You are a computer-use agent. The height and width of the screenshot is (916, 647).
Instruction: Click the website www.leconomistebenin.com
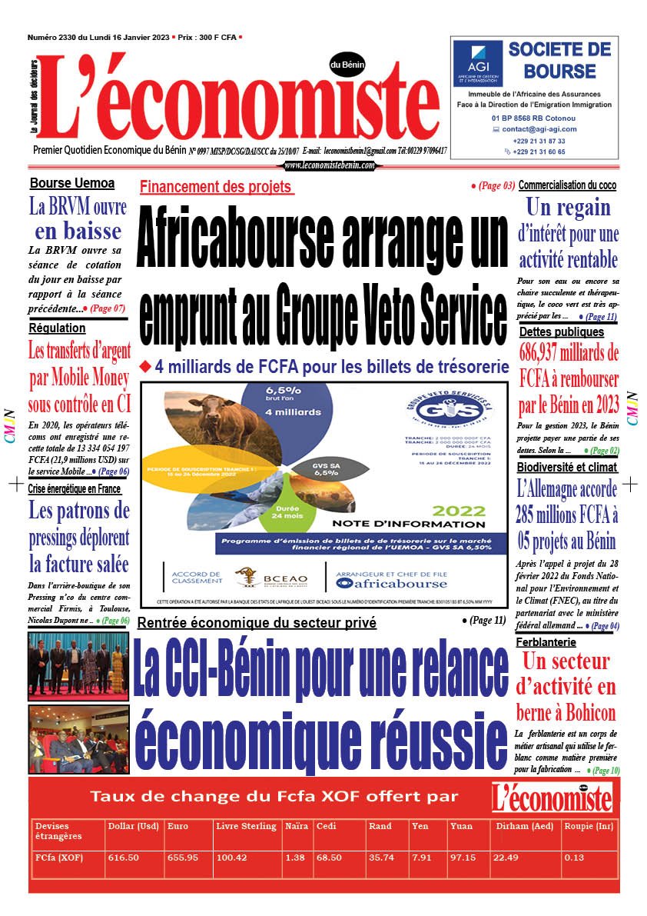coord(330,165)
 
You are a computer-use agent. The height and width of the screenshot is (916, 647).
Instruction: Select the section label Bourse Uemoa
coord(72,184)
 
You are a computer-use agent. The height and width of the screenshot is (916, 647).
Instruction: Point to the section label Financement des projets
coord(216,187)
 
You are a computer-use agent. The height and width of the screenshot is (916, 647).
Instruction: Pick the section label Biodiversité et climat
coord(568,467)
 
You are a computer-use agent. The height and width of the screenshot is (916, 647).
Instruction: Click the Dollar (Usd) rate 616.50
coord(123,857)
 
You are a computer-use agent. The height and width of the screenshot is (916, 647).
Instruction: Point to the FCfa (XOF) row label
coord(59,857)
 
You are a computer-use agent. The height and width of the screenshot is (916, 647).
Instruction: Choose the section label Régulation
coord(58,328)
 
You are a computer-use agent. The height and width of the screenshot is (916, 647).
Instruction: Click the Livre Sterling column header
coord(247,826)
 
